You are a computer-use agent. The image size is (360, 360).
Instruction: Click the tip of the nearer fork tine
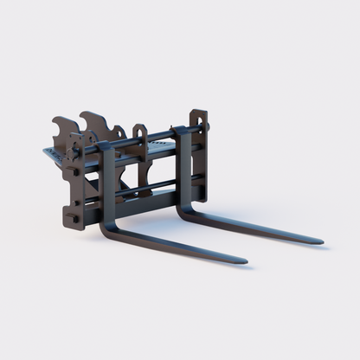[x=245, y=260]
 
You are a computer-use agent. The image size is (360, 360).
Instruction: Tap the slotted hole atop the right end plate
[x=199, y=115]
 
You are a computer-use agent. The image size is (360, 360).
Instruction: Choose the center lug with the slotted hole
[x=139, y=134]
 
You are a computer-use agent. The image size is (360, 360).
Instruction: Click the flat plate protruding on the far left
[x=52, y=156]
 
